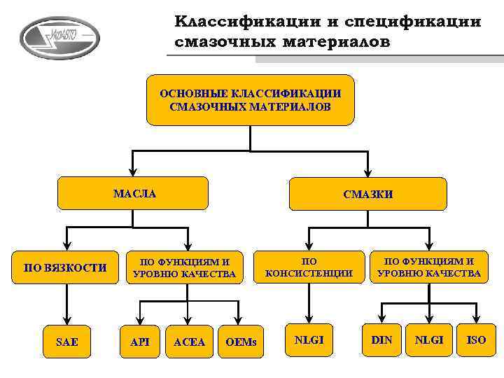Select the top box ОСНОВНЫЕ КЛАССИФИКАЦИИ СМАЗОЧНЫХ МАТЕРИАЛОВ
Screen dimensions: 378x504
(x=250, y=100)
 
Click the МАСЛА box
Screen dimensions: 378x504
(x=133, y=193)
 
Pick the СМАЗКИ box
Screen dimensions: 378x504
(x=367, y=194)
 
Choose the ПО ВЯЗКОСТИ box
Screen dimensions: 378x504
(x=65, y=267)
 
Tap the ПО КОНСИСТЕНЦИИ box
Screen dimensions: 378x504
(x=309, y=267)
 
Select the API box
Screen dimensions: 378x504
(x=140, y=342)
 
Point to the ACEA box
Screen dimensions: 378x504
(x=189, y=342)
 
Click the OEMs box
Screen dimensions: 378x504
(x=241, y=342)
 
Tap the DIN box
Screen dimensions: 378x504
(x=381, y=340)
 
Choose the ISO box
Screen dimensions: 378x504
(x=476, y=340)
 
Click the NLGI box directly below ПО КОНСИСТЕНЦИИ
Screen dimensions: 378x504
(x=309, y=340)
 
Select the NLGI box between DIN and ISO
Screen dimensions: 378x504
(x=429, y=340)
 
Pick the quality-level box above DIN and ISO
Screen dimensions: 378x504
(x=429, y=267)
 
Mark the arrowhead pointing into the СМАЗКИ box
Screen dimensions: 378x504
(x=367, y=173)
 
